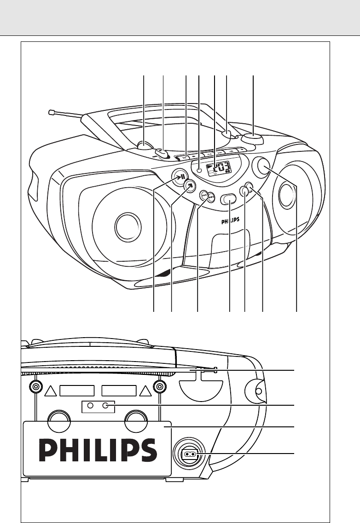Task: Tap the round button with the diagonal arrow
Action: point(190,185)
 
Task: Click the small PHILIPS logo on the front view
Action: point(230,221)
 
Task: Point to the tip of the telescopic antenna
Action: point(51,112)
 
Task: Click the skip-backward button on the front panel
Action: point(203,195)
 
